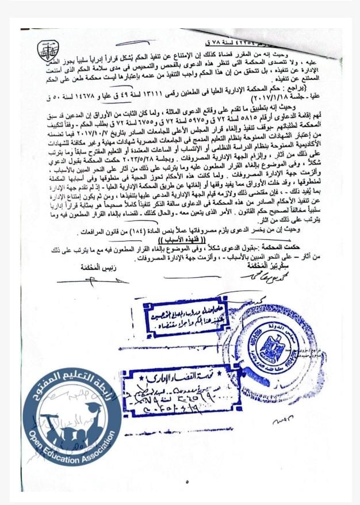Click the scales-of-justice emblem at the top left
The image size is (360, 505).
(x=44, y=51)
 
